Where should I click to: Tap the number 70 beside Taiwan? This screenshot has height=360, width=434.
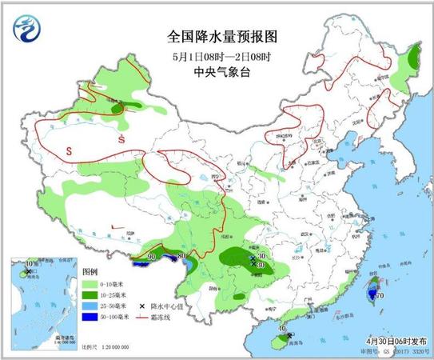click(380, 296)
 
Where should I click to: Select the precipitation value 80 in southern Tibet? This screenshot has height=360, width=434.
click(181, 256)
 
